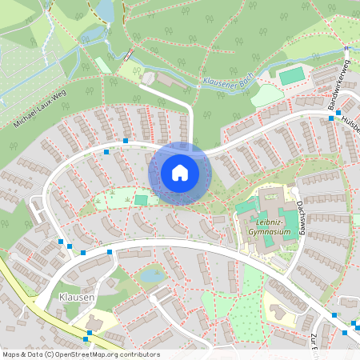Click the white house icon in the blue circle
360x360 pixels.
(x=180, y=172)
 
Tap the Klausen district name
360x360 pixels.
(x=77, y=297)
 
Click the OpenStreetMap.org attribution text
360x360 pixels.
(x=104, y=354)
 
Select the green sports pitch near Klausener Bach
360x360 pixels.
(x=292, y=75)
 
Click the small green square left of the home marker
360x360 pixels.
(x=142, y=200)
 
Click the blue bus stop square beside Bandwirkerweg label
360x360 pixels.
(x=331, y=118)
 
